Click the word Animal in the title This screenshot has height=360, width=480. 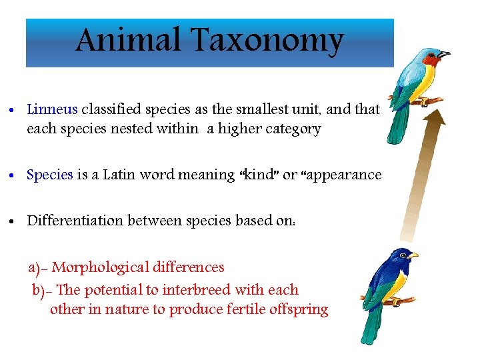(x=127, y=41)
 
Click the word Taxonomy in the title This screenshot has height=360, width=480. (x=267, y=42)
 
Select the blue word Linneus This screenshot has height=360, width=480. (x=52, y=109)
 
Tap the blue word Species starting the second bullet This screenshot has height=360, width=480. (x=49, y=175)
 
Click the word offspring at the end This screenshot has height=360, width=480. (x=299, y=310)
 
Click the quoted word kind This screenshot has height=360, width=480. (x=256, y=175)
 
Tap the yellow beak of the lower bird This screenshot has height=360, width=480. (x=414, y=255)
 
